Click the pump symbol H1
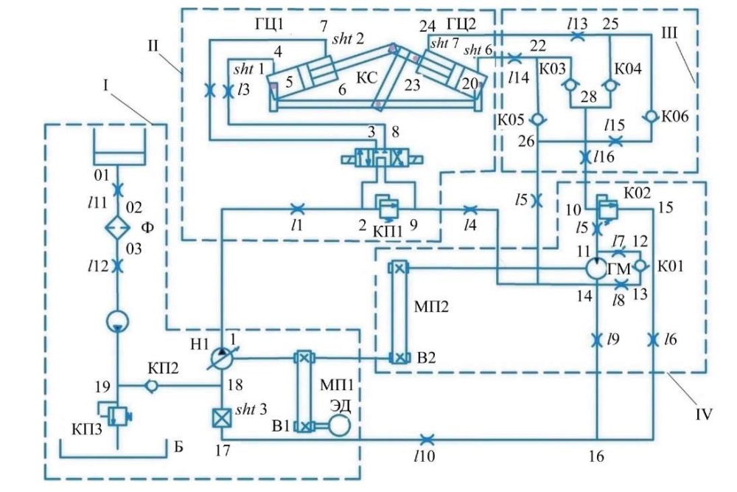tap(221, 358)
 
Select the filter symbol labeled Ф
tap(117, 227)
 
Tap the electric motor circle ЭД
tap(339, 426)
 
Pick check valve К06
tap(651, 116)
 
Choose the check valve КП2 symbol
tap(151, 386)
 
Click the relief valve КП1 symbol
tap(388, 208)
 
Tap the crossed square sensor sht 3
tap(221, 417)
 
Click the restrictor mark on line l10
tap(426, 440)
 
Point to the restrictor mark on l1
tap(298, 208)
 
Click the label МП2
tap(431, 307)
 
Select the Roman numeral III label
tap(669, 33)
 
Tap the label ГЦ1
tap(269, 23)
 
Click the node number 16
tap(596, 456)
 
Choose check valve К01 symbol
tap(640, 266)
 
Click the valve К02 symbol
tap(607, 206)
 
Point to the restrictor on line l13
tap(577, 36)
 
